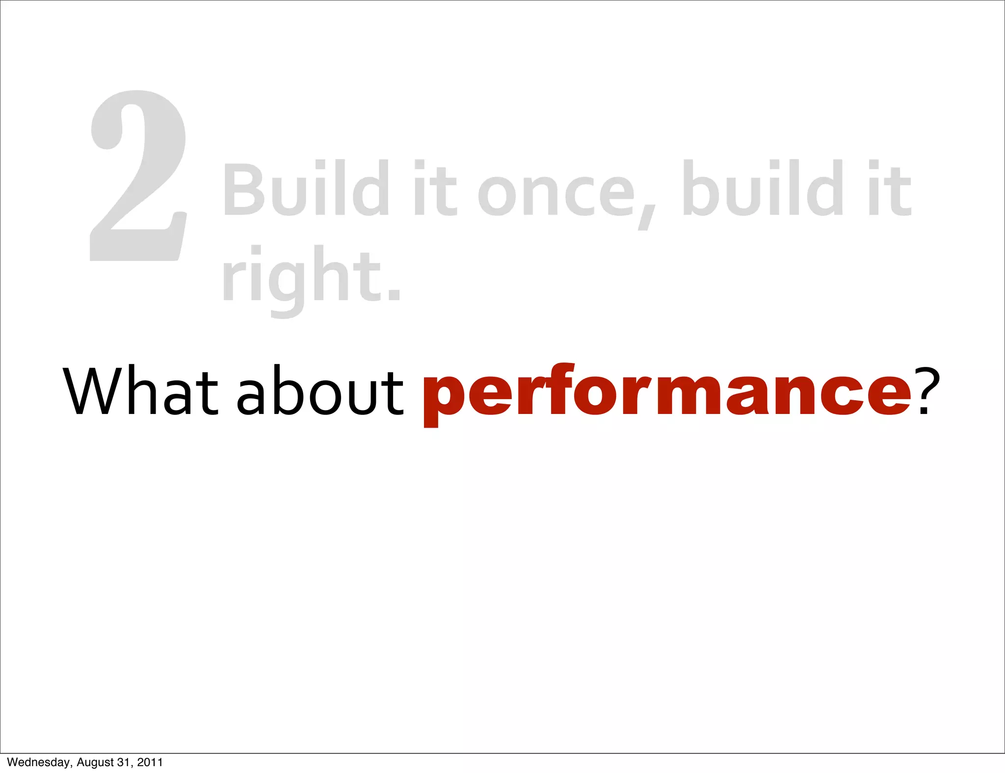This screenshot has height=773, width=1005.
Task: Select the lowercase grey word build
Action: (x=763, y=189)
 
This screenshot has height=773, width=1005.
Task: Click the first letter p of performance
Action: (x=444, y=400)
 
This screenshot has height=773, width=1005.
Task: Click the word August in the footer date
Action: (x=95, y=762)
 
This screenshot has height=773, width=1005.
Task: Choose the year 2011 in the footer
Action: (x=150, y=762)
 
